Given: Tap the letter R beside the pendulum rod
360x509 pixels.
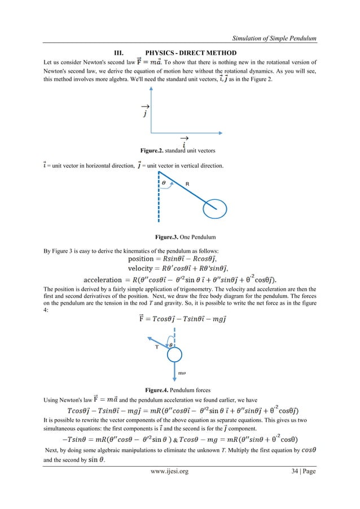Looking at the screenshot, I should [x=189, y=183].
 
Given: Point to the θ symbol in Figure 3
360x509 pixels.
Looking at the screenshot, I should [x=164, y=183].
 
